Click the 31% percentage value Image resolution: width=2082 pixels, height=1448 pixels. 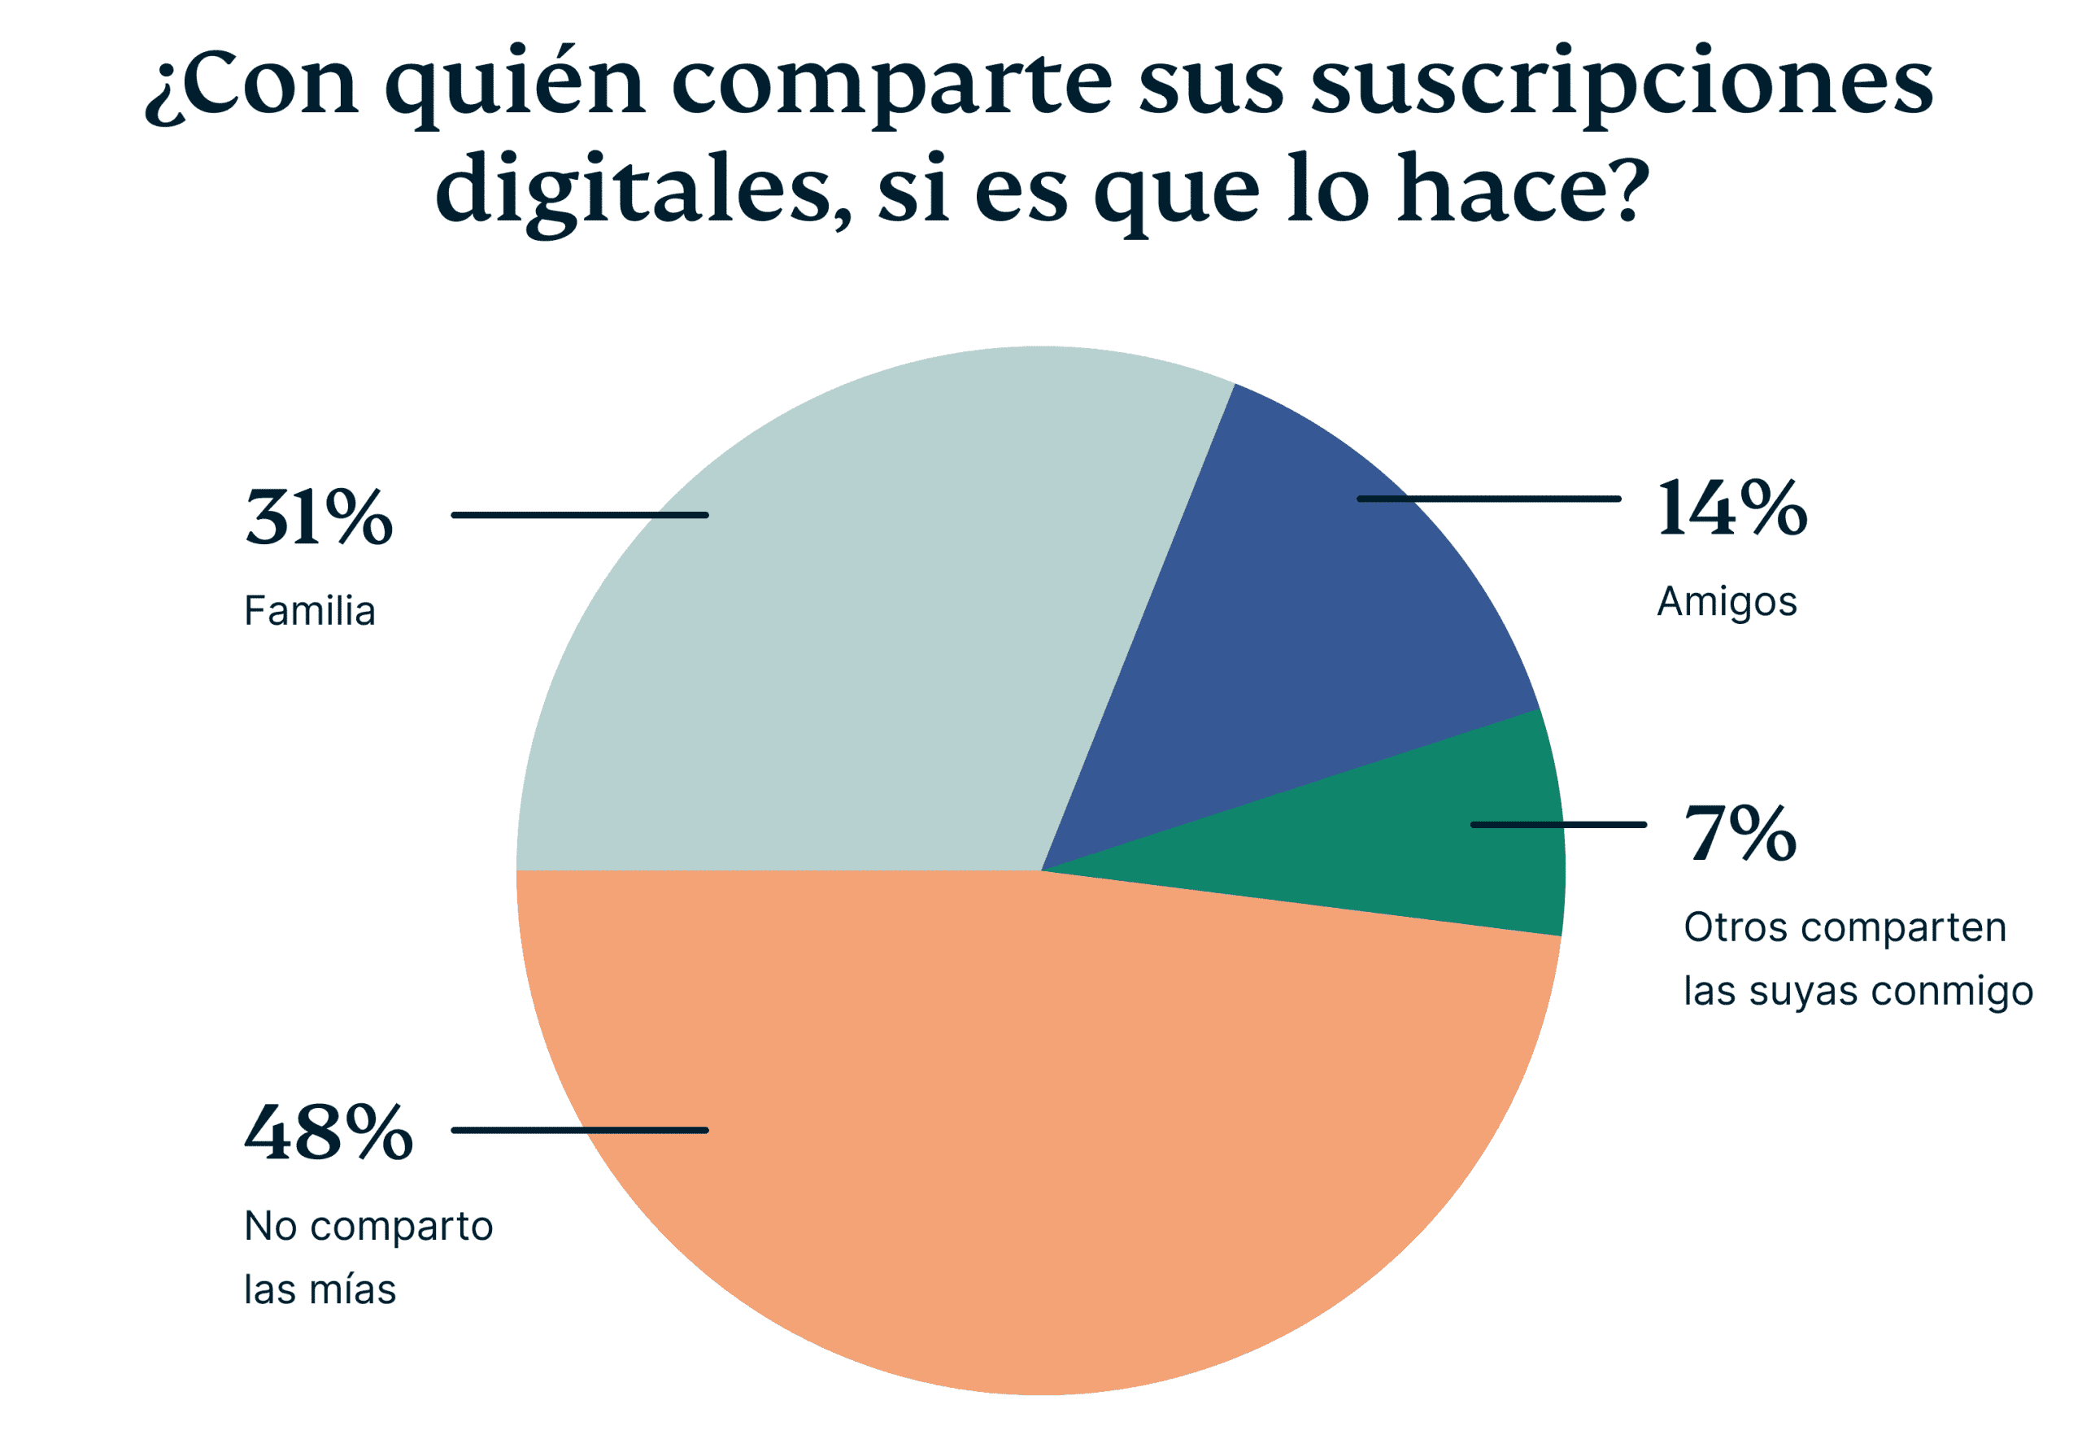318,517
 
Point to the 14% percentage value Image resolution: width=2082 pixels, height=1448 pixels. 1731,509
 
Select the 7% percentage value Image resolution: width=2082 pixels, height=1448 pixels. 1740,834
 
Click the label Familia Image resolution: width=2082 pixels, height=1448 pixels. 309,611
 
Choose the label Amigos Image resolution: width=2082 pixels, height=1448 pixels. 1727,601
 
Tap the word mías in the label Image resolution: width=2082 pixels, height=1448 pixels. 357,1290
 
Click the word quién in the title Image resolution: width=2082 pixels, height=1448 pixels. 514,86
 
